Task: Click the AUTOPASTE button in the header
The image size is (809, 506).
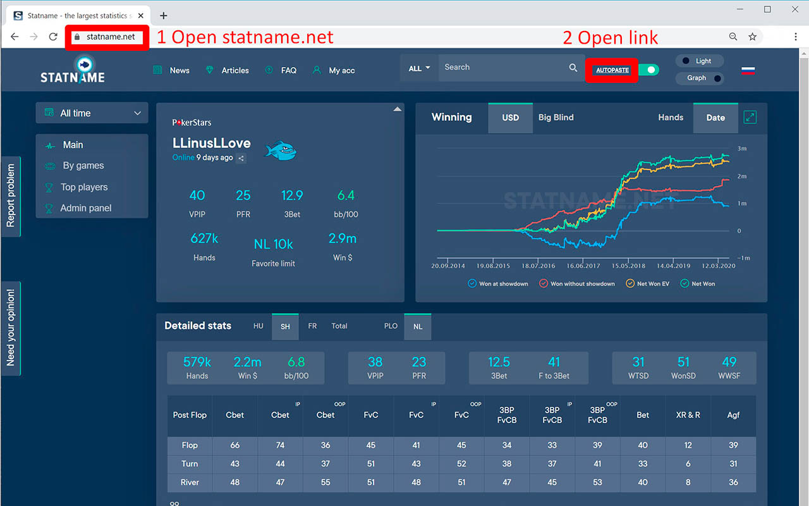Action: pos(612,70)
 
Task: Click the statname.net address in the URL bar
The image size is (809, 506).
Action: pos(111,37)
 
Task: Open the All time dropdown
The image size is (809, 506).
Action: pos(92,113)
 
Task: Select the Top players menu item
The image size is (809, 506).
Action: pos(83,187)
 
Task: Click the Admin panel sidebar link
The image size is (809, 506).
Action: pos(85,208)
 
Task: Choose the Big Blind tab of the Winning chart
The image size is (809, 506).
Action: pos(556,118)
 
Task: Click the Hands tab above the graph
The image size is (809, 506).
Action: pos(670,118)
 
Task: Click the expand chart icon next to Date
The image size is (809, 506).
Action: pos(750,117)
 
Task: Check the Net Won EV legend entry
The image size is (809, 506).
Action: pos(647,284)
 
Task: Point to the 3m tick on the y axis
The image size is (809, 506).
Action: pos(742,149)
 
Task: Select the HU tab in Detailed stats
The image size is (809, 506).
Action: pos(258,326)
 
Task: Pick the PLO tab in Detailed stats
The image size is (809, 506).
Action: pos(391,326)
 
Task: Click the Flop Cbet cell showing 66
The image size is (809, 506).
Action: pos(234,445)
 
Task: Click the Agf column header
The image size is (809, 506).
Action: pos(733,416)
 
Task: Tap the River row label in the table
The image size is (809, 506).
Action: pos(190,483)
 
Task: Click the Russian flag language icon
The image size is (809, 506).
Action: pos(748,70)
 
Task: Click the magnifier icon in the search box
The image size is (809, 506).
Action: pos(573,68)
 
